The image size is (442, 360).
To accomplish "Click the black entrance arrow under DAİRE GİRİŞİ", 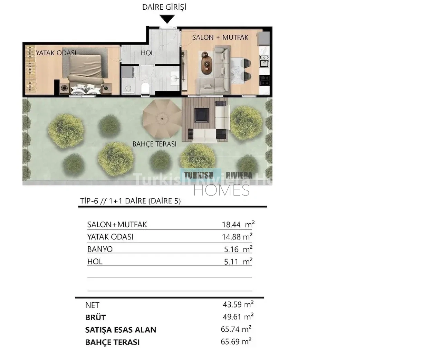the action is pyautogui.click(x=167, y=19).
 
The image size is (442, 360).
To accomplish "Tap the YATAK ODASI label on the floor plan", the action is pyautogui.click(x=56, y=53).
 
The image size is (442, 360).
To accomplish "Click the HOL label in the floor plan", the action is pyautogui.click(x=147, y=53).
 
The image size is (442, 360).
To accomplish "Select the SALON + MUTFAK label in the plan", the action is pyautogui.click(x=220, y=37).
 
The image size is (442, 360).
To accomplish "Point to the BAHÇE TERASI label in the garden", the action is pyautogui.click(x=154, y=144).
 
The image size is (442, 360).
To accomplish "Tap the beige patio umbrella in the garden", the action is pyautogui.click(x=162, y=119).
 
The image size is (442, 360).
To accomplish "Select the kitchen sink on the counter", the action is pyautogui.click(x=264, y=61).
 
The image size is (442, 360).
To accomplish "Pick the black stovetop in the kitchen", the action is pyautogui.click(x=265, y=80).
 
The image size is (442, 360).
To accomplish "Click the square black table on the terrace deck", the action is pyautogui.click(x=202, y=115).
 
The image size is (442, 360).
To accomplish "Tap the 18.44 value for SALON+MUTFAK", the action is pyautogui.click(x=231, y=225).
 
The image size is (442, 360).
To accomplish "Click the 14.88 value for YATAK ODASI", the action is pyautogui.click(x=231, y=237).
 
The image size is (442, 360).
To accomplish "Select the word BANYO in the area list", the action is pyautogui.click(x=100, y=249).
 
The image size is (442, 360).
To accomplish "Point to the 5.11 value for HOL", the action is pyautogui.click(x=231, y=262).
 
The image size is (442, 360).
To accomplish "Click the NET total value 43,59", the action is pyautogui.click(x=232, y=305).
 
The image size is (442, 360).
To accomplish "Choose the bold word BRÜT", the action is pyautogui.click(x=96, y=318).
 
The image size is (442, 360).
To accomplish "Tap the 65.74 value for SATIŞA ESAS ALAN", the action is pyautogui.click(x=230, y=329).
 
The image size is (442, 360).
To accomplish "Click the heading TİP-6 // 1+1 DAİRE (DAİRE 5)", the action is pyautogui.click(x=131, y=201).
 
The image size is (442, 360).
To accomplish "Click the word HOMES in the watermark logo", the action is pyautogui.click(x=221, y=190).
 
